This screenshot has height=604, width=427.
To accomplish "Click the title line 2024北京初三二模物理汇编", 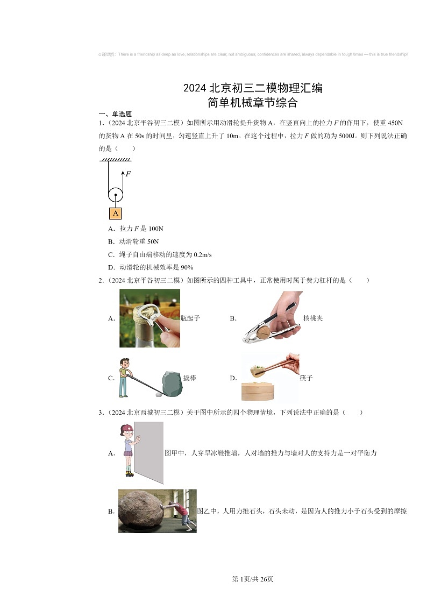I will tap(253, 88).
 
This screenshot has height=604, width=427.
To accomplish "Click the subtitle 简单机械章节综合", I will tap(253, 102).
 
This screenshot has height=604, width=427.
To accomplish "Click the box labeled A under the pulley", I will tap(115, 213).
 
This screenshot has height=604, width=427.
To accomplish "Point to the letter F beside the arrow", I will tap(128, 174).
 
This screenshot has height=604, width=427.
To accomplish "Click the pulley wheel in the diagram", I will tap(115, 195).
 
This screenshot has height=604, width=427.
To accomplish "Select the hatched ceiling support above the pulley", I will tap(115, 160).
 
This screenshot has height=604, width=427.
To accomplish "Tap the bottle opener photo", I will tap(150, 318).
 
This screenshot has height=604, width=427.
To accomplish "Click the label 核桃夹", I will tap(313, 318).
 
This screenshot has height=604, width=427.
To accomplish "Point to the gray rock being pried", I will tap(172, 383).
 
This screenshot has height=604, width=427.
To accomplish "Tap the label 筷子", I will tap(306, 378).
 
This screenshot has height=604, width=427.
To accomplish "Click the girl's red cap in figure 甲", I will tap(127, 428).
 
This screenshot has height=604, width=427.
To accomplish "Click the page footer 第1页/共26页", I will tap(253, 579).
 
